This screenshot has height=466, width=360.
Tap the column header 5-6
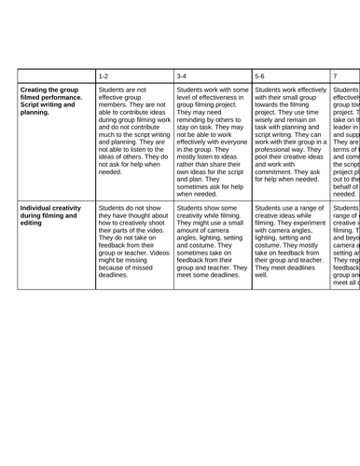(x=260, y=73)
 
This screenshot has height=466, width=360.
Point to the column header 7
(x=336, y=73)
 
